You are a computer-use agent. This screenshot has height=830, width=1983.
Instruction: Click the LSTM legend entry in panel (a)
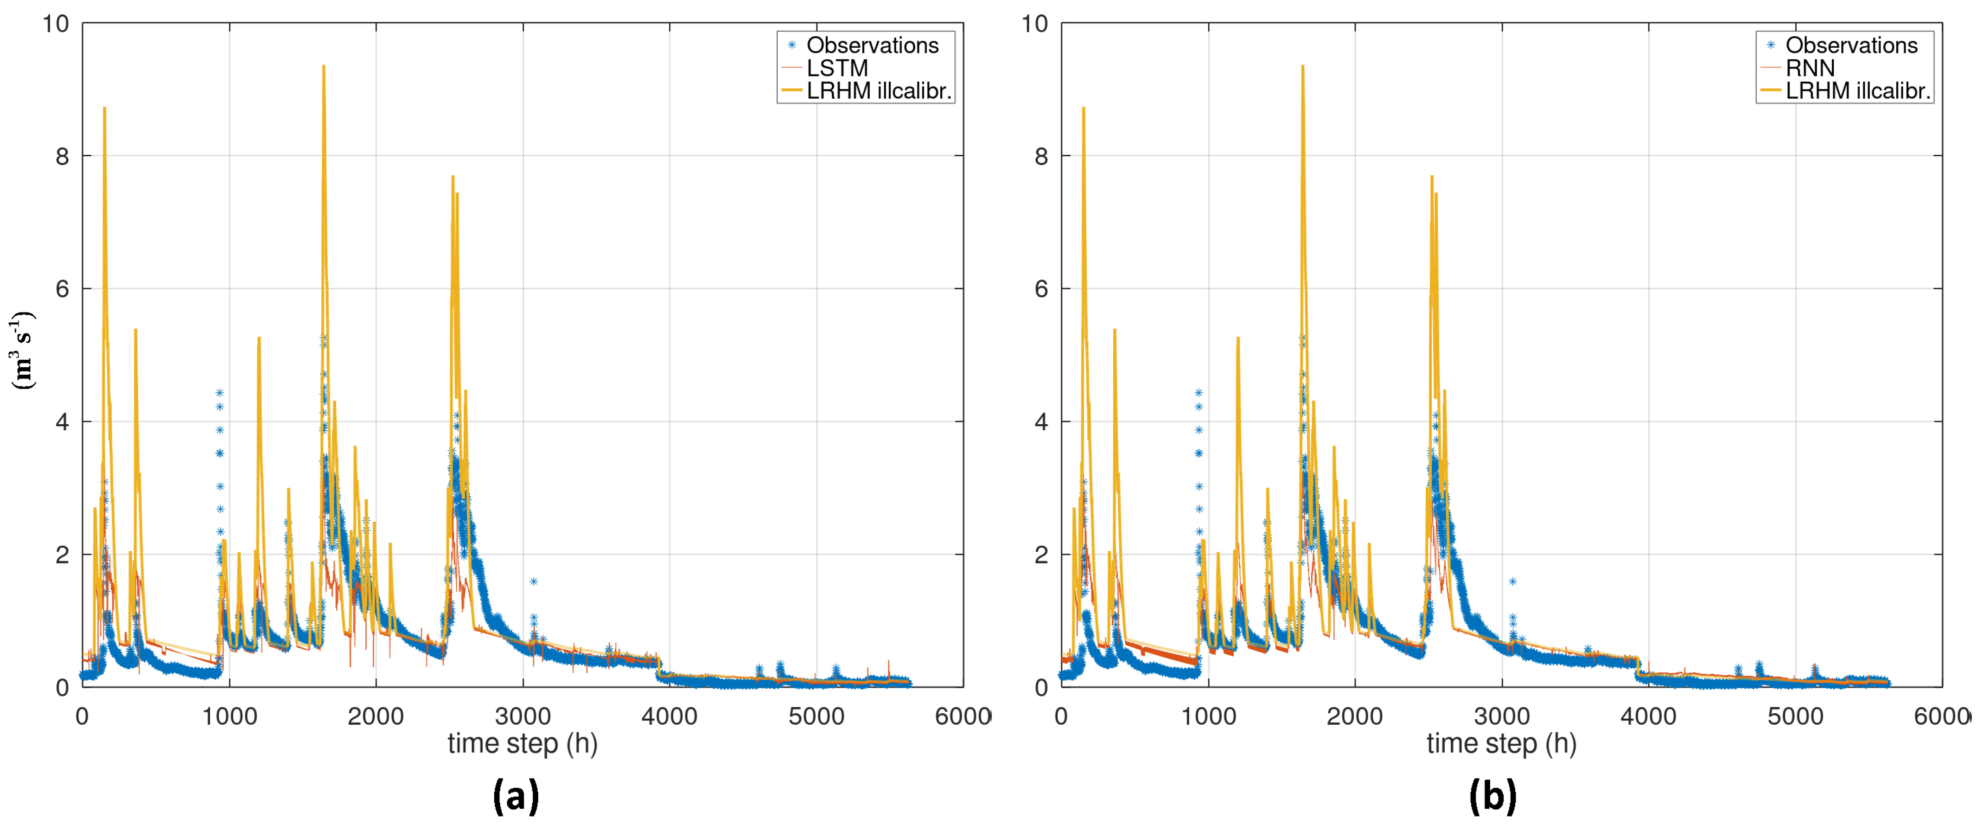837,68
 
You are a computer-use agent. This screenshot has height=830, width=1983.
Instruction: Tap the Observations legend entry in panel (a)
872,45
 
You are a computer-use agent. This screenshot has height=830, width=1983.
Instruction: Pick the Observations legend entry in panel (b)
1851,45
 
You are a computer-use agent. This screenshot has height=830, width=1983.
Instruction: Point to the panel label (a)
516,795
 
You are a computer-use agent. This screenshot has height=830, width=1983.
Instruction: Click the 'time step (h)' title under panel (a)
523,744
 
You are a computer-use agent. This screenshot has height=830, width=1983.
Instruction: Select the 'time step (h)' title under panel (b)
1501,744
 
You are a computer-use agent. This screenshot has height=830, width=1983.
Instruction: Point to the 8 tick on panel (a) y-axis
62,156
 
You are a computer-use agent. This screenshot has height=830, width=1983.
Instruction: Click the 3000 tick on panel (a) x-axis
523,716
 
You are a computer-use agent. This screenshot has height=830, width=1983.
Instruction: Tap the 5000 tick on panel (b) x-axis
1795,716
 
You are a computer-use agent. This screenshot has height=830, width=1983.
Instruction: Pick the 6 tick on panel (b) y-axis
1041,289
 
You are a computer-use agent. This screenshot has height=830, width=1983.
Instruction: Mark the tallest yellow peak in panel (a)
323,66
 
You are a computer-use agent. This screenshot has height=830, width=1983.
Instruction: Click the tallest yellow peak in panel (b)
1302,66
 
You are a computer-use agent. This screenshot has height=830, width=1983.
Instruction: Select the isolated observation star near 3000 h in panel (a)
534,582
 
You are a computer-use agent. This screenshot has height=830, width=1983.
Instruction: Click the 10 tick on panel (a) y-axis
56,24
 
